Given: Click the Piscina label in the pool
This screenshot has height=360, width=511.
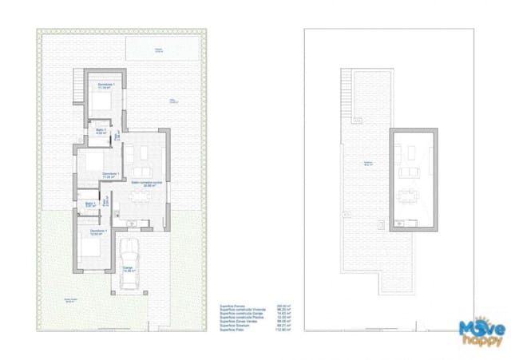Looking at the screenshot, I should [x=159, y=50].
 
